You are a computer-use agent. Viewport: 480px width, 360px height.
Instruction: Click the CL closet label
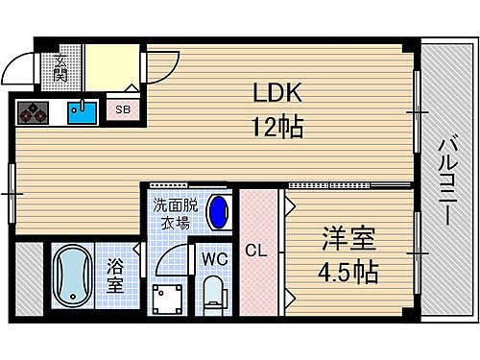point(255,252)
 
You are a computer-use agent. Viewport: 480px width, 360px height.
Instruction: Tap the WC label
point(212,257)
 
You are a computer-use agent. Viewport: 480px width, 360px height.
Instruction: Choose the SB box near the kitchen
point(123,109)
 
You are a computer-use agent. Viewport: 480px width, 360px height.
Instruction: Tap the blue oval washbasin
point(219,210)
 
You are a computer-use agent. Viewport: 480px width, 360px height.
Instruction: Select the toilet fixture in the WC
point(213,292)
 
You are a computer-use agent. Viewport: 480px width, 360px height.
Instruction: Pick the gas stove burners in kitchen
point(35,112)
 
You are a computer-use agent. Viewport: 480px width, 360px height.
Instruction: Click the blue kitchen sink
point(81,113)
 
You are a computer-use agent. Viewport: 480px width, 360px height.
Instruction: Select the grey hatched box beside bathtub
point(28,276)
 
